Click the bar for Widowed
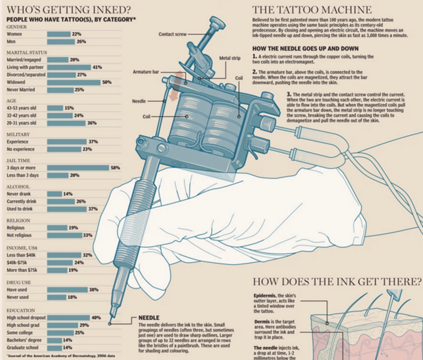[74, 82]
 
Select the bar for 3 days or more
[78, 168]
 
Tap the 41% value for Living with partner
[98, 67]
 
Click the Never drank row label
[19, 194]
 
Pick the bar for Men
[61, 42]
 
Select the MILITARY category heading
[18, 135]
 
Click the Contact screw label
[172, 34]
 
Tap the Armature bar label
[146, 72]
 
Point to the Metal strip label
[230, 58]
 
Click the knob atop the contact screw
[217, 22]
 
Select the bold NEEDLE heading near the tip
[149, 318]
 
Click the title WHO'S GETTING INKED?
[69, 10]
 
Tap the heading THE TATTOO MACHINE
[312, 10]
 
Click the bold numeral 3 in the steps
[289, 94]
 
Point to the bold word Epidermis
[265, 296]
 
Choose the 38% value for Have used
[94, 290]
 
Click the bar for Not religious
[64, 235]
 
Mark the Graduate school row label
[22, 348]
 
